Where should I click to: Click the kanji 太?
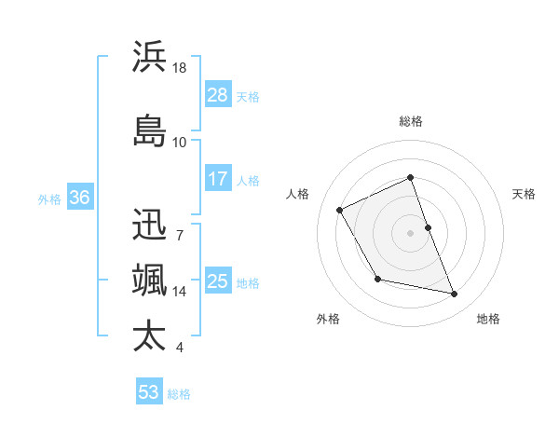tap(149, 335)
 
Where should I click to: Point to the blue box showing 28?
tap(218, 95)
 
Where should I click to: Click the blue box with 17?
tap(218, 180)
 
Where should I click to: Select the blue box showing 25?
tap(218, 281)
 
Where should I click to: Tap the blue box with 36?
tap(80, 198)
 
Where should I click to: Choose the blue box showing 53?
tap(149, 392)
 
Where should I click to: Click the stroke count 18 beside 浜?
tap(180, 68)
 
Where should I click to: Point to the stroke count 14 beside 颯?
tap(180, 292)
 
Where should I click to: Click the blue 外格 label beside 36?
tap(49, 198)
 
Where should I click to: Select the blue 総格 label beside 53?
tap(179, 394)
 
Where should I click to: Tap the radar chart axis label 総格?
tap(411, 121)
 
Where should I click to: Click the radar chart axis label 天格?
tap(524, 194)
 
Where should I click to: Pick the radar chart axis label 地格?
tap(488, 319)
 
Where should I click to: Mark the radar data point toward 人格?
tap(340, 210)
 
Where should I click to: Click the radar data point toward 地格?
tap(455, 294)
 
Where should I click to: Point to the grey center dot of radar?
tap(411, 233)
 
